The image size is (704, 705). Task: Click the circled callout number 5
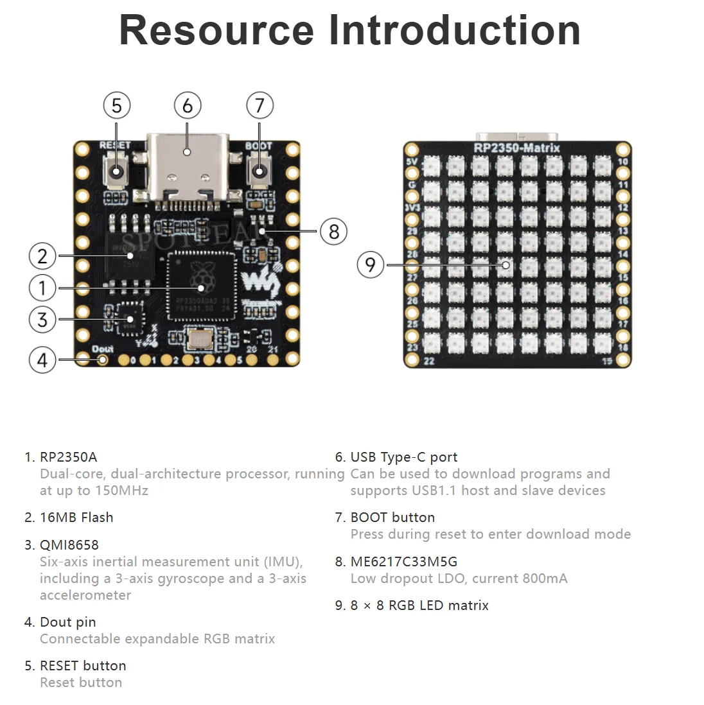coord(116,105)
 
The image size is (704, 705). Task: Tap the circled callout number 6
coord(188,105)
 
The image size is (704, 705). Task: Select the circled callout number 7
coord(260,105)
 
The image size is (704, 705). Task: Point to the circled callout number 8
coord(333,231)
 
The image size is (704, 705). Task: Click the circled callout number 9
coord(370,265)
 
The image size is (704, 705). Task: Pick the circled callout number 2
coord(42,257)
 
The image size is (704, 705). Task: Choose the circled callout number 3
coord(42,319)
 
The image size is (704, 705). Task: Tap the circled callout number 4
coord(42,360)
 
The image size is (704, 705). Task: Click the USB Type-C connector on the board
coord(187,166)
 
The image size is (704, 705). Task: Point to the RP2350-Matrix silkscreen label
coord(516,148)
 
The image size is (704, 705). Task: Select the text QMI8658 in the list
coord(69,545)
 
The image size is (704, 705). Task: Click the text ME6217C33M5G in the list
coord(403,562)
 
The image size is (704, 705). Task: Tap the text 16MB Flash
coord(76,518)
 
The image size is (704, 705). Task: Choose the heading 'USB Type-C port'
coord(403,457)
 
